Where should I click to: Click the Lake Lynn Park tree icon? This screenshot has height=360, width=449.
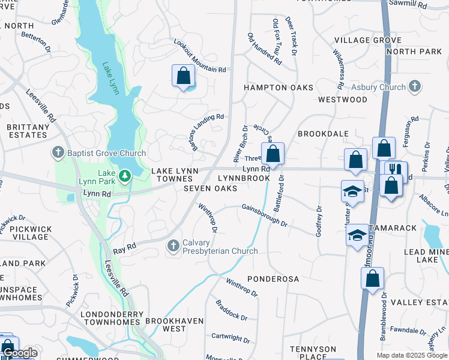coord(125,176)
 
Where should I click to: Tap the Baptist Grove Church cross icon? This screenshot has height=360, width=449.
coord(58,153)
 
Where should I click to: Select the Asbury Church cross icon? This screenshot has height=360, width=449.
coord(414,87)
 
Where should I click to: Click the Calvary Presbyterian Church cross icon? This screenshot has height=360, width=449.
coord(173,245)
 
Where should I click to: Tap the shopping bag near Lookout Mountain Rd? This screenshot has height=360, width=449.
coord(184,76)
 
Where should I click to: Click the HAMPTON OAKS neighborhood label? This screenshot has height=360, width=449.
coord(278,88)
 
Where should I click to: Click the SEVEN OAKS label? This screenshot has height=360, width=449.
coord(210,188)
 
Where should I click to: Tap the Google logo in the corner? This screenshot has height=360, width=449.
coord(20,353)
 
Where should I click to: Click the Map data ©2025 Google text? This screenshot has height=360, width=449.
coord(411,355)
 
